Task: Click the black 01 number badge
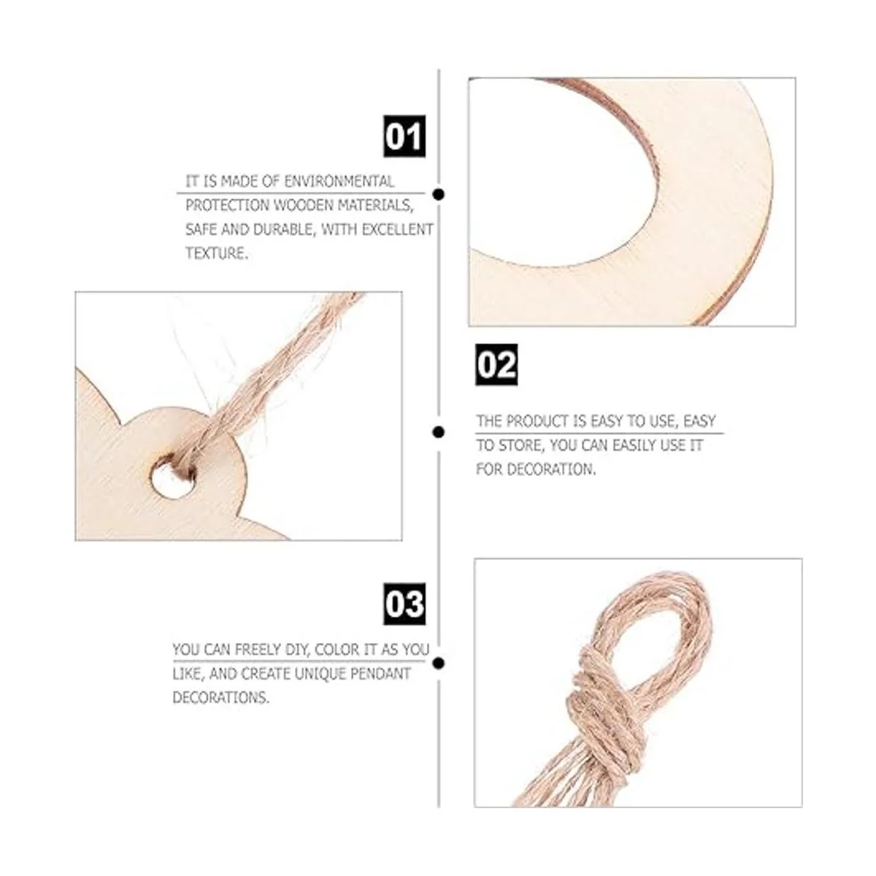tap(404, 137)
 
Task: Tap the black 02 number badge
tap(496, 364)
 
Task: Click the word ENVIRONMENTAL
tap(339, 181)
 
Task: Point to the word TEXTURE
tap(217, 253)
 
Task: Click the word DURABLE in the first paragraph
tap(284, 229)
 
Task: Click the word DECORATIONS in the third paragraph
tap(221, 697)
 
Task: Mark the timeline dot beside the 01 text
tap(439, 195)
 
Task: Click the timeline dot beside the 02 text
tap(439, 432)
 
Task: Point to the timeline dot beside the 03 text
tap(439, 664)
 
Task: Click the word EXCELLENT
tap(397, 229)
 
